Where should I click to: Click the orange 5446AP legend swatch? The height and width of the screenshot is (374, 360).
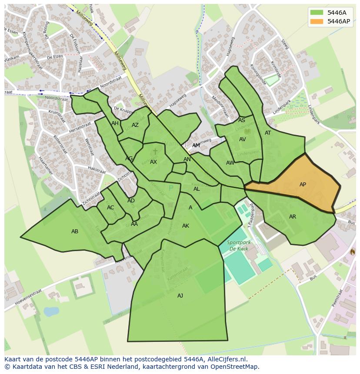(x=317, y=21)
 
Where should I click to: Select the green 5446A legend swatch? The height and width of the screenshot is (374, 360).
(x=317, y=13)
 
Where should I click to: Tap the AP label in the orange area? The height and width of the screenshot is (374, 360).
(x=303, y=185)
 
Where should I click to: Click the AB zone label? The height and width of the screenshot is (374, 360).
(x=75, y=232)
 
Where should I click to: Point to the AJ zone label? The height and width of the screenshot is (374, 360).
(x=180, y=296)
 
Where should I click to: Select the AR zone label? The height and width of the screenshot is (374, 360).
(x=293, y=217)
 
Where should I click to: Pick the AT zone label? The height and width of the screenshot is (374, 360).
(x=268, y=133)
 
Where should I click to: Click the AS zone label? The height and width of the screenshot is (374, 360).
(x=242, y=120)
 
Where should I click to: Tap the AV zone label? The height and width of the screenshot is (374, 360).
(x=243, y=139)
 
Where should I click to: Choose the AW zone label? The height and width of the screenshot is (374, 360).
(x=230, y=163)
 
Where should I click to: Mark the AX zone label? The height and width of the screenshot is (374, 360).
(x=153, y=162)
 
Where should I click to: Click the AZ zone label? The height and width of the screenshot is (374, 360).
(x=135, y=125)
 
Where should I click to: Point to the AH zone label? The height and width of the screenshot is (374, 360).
(x=115, y=123)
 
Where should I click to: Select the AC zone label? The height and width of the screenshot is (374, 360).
(x=110, y=208)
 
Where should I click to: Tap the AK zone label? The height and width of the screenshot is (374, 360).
(x=186, y=226)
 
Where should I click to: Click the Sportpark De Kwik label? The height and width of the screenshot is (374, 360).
(x=237, y=246)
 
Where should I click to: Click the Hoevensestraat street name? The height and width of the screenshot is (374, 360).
(x=22, y=298)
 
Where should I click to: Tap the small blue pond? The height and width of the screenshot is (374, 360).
(x=51, y=311)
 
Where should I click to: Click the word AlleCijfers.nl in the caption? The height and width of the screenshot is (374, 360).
(x=227, y=359)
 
